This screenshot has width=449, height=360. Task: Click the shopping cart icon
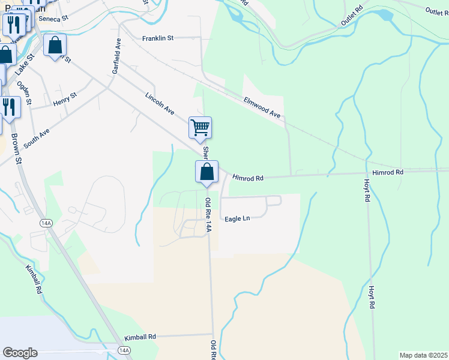[x=200, y=127]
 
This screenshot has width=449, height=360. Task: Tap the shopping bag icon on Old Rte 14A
[x=206, y=172]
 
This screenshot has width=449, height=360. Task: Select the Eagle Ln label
[x=237, y=219]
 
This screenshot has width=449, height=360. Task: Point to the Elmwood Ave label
[x=262, y=107]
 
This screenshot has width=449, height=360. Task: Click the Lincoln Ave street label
[x=160, y=104]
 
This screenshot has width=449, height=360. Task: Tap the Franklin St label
[x=157, y=38]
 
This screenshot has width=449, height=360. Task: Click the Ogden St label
[x=23, y=92]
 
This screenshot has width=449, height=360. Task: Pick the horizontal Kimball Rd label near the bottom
[x=140, y=337]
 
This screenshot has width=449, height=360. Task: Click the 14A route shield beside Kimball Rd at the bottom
[x=124, y=350]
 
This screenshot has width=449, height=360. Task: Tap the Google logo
[x=20, y=353]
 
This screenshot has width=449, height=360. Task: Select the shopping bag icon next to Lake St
[x=55, y=45]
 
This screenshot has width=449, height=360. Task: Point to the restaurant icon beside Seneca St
[x=12, y=25]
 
